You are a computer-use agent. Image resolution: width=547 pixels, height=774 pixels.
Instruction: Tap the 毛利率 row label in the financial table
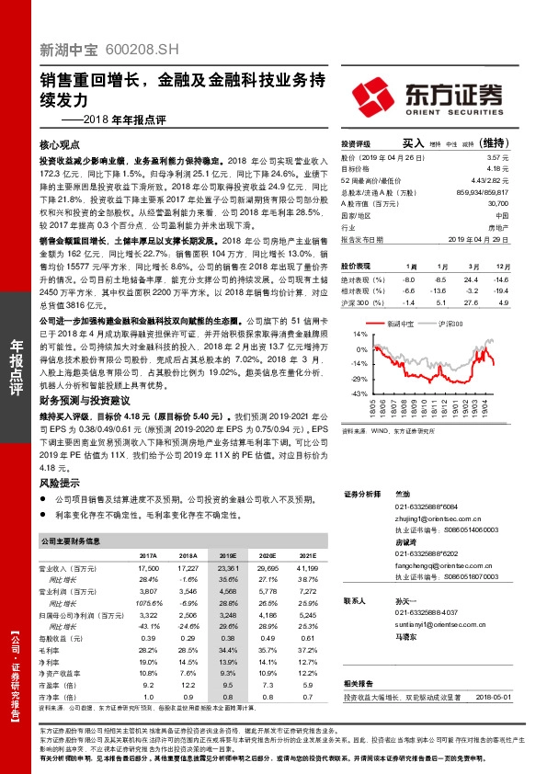click(x=57, y=649)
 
